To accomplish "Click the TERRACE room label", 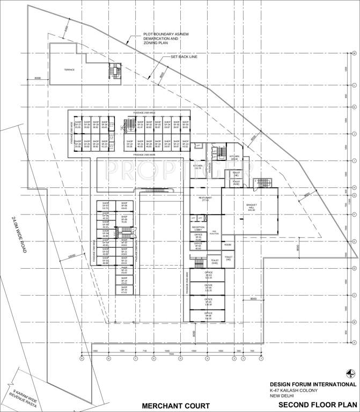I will [x=69, y=70].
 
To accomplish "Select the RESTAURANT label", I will [x=204, y=200].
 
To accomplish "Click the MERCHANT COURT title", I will [x=171, y=405].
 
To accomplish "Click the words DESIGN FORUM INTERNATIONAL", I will [x=313, y=385].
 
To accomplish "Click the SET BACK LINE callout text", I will [x=185, y=56].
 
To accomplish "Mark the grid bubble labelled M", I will [x=355, y=54].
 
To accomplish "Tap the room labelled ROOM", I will [x=227, y=245].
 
